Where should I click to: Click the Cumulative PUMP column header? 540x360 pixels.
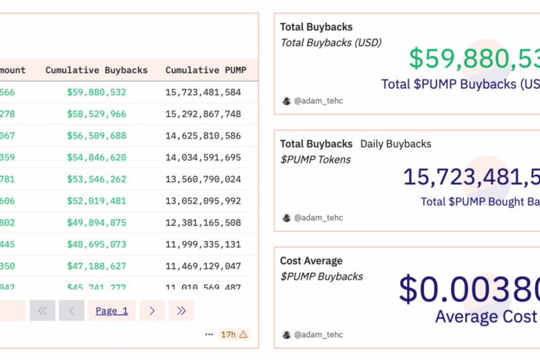coord(206,70)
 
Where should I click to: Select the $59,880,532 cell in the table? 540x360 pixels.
coord(97,93)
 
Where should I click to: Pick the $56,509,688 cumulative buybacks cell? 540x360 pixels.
coord(97,136)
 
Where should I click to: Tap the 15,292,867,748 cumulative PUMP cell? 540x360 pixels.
coord(203,114)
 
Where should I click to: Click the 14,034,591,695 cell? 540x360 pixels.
coord(203,157)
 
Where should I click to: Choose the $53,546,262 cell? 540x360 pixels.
coord(97,179)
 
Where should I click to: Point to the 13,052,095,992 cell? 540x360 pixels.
coord(203,201)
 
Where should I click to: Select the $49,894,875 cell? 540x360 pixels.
coord(97,222)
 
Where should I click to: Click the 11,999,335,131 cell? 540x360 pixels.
coord(203,244)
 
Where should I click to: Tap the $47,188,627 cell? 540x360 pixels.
coord(97,265)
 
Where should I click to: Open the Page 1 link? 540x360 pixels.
coord(111,311)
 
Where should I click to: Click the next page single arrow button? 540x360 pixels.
coord(152,311)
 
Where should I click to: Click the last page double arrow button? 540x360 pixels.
coord(181,311)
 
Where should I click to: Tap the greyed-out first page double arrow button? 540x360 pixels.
coord(42,311)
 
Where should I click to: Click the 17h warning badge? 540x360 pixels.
coord(234,334)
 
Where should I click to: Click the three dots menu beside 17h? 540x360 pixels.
coord(209,334)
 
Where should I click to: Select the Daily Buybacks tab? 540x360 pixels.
coord(396,144)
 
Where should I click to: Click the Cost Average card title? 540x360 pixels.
coord(311,261)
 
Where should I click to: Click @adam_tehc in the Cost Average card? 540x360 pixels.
coord(318,334)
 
